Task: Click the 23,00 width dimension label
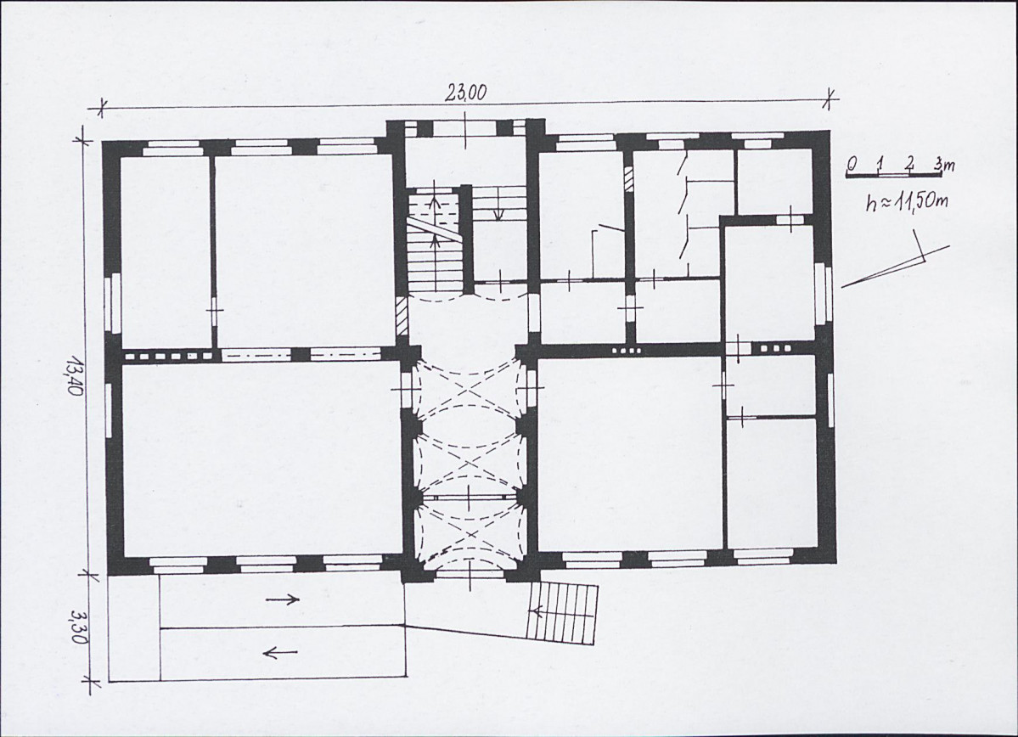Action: pos(465,93)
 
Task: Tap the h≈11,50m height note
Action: pos(906,201)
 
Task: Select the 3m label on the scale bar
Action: pos(945,164)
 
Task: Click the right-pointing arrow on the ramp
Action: pos(284,600)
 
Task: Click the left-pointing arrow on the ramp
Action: pos(281,651)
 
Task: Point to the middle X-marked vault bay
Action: pos(467,462)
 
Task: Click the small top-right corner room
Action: pos(773,181)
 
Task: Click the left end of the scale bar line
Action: pos(846,175)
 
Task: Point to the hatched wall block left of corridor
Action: pos(402,316)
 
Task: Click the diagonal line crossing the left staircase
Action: pos(435,228)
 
